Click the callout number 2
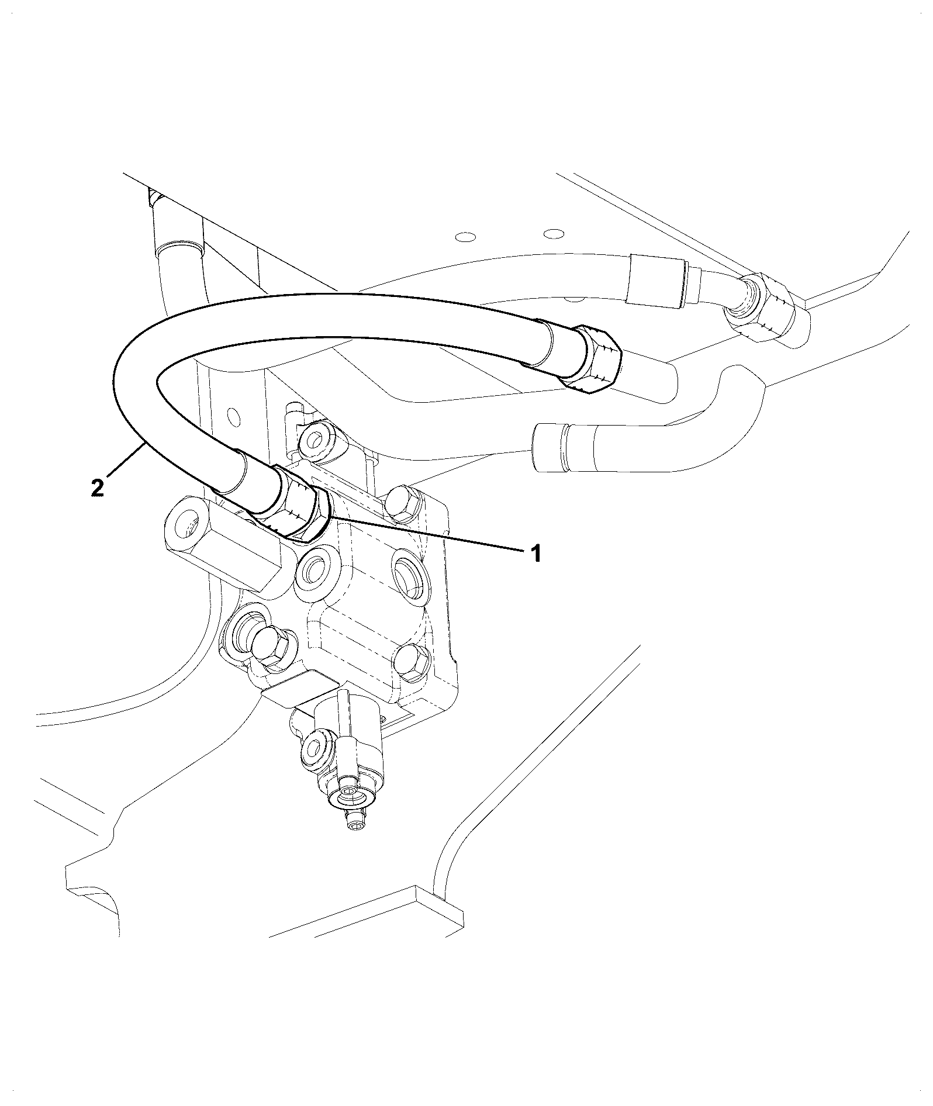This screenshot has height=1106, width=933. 98,487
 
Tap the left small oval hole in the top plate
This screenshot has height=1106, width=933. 465,237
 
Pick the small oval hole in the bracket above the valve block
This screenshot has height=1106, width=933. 234,416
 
